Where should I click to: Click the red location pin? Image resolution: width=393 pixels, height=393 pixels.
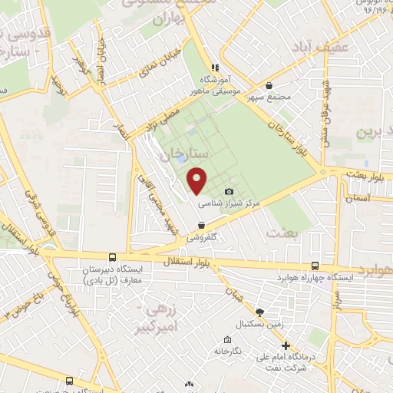pos(197,179)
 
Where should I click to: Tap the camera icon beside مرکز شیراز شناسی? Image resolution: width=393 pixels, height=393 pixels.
pos(229,191)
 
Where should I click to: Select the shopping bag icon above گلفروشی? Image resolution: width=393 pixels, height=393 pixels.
pos(201,226)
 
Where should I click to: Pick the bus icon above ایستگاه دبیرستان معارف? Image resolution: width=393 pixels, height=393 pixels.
pos(114,258)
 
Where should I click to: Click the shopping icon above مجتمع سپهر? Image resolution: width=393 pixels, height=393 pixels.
pos(269,86)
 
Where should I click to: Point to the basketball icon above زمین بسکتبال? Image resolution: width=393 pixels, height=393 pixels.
pos(259,312)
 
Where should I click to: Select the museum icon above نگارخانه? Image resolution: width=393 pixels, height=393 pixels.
pos(227,340)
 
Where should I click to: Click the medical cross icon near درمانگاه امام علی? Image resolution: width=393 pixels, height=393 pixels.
pos(286,345)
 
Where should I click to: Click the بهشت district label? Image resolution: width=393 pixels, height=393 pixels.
pos(280,232)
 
